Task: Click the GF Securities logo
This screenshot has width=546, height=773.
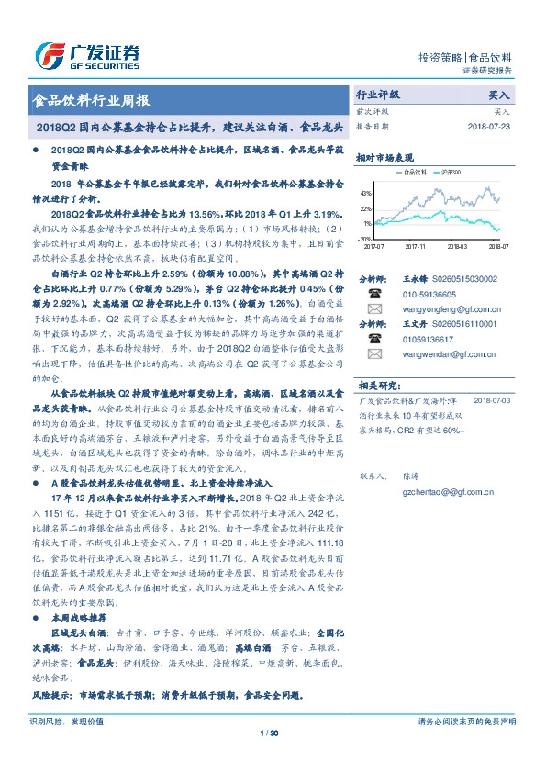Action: [87, 54]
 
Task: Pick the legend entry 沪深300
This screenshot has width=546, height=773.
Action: [451, 171]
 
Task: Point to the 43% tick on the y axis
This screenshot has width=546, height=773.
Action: [365, 194]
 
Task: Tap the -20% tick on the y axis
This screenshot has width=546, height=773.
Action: [364, 238]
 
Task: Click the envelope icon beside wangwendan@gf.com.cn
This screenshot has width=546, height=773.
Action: [373, 353]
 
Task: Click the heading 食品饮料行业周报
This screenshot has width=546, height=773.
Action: [91, 101]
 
